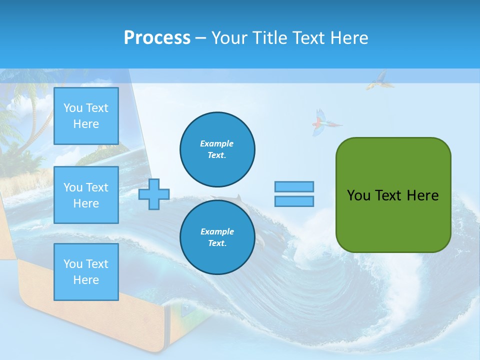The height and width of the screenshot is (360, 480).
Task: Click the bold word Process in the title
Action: click(x=157, y=38)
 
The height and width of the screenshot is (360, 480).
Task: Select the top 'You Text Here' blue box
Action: click(x=86, y=116)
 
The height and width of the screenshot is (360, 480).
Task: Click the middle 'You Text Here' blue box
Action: click(x=86, y=195)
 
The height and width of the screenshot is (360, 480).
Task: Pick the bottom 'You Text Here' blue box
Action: click(x=86, y=272)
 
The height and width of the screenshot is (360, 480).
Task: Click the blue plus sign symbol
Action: click(x=154, y=194)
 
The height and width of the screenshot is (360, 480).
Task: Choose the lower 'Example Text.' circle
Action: click(x=217, y=237)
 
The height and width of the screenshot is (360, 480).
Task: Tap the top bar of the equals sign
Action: click(x=294, y=186)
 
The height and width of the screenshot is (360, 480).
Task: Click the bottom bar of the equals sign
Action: click(x=294, y=201)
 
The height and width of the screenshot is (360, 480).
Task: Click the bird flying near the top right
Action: click(x=378, y=80)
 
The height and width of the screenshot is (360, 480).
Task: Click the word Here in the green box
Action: click(x=422, y=195)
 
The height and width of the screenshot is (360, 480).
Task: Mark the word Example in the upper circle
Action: click(x=216, y=143)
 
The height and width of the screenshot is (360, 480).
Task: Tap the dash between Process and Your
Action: click(x=200, y=38)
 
